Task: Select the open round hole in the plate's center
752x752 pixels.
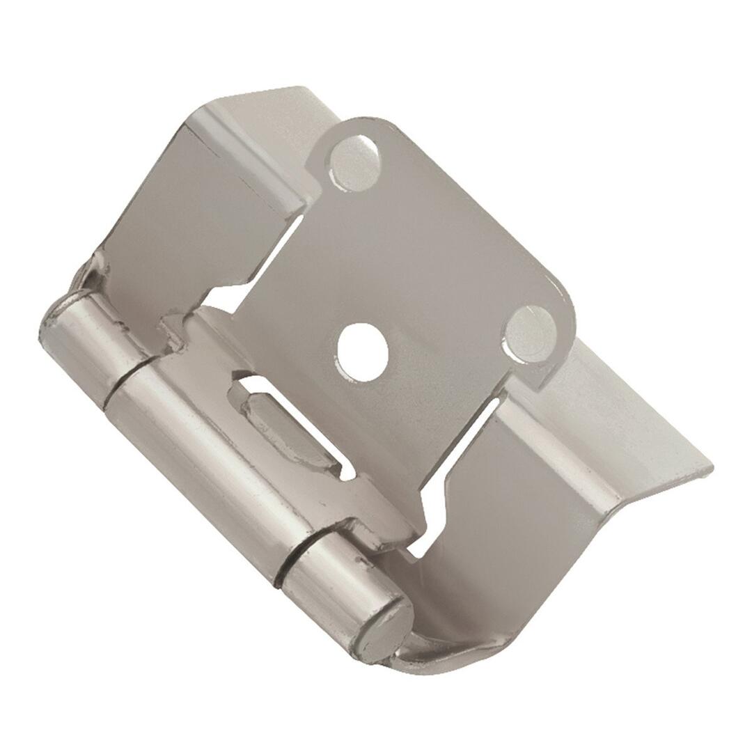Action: [x=362, y=352]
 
